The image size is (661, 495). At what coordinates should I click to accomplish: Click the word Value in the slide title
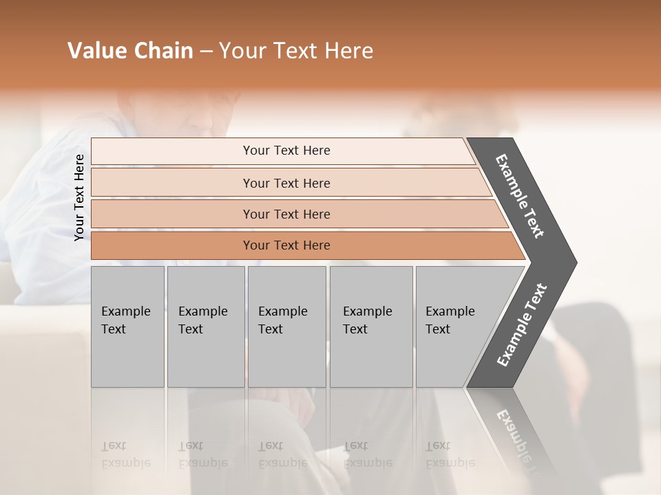(x=96, y=51)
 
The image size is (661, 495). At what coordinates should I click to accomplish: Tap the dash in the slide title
(x=206, y=52)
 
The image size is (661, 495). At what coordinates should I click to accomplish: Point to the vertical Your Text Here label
(x=79, y=197)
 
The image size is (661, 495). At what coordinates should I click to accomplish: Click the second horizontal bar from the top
(x=286, y=183)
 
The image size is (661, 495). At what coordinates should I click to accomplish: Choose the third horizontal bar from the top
(x=286, y=214)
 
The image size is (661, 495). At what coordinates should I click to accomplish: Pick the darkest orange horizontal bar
(x=286, y=245)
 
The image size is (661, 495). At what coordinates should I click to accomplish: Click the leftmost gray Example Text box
(x=127, y=327)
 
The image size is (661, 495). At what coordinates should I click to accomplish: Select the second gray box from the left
(x=205, y=327)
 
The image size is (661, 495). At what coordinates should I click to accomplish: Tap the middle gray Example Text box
(x=286, y=327)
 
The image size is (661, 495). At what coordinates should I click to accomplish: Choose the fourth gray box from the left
(x=370, y=327)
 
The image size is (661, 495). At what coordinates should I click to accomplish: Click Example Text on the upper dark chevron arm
(x=520, y=196)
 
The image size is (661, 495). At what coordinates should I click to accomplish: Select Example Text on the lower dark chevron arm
(x=522, y=324)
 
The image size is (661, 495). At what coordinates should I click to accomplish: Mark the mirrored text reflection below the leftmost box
(x=125, y=454)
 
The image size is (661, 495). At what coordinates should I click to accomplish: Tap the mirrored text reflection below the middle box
(x=282, y=454)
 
